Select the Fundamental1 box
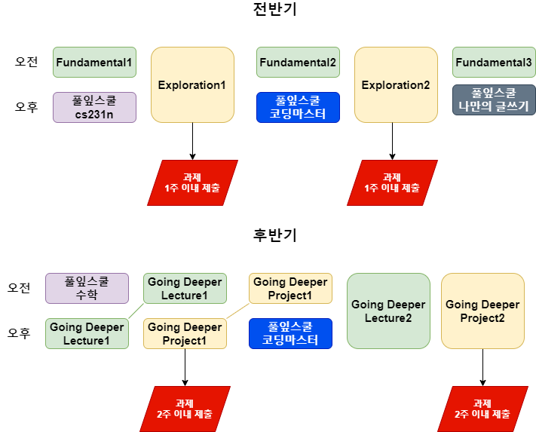pyautogui.click(x=94, y=62)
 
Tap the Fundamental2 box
pyautogui.click(x=298, y=62)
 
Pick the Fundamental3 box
pyautogui.click(x=494, y=62)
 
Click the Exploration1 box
pyautogui.click(x=192, y=85)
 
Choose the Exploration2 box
pyautogui.click(x=396, y=85)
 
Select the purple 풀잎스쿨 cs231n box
pyautogui.click(x=94, y=107)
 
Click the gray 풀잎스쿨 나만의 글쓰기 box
pyautogui.click(x=494, y=100)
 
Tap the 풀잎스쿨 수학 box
pyautogui.click(x=87, y=288)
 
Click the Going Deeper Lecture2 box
pyautogui.click(x=388, y=311)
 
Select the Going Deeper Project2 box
pyautogui.click(x=482, y=311)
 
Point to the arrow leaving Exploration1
pyautogui.click(x=192, y=141)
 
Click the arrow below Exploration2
pyautogui.click(x=392, y=141)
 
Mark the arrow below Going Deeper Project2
pyautogui.click(x=482, y=367)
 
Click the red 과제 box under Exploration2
pyautogui.click(x=392, y=182)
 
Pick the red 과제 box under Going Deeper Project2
pyautogui.click(x=482, y=409)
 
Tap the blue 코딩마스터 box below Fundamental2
pyautogui.click(x=298, y=107)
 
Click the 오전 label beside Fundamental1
pyautogui.click(x=26, y=62)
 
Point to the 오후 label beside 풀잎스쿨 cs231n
pyautogui.click(x=26, y=107)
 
